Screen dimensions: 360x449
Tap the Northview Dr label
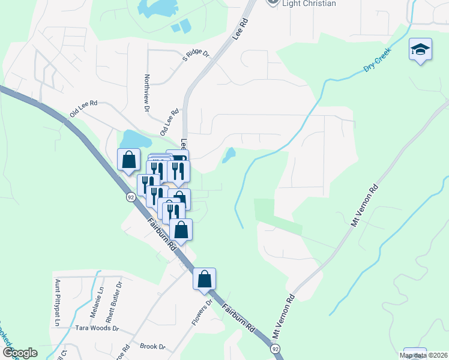(x=146, y=94)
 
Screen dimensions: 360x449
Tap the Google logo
(x=20, y=353)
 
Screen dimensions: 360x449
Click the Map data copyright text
(x=423, y=355)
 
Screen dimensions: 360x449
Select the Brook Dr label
(x=152, y=346)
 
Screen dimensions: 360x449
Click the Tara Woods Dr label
(x=98, y=328)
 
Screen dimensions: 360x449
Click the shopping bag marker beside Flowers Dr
(x=204, y=278)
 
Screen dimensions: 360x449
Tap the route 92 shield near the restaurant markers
(x=130, y=197)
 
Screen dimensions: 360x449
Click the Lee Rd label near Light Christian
(x=243, y=26)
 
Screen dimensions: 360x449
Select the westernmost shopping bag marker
(x=128, y=161)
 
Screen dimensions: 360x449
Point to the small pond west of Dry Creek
(x=228, y=155)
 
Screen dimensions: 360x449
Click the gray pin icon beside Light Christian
(x=273, y=2)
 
